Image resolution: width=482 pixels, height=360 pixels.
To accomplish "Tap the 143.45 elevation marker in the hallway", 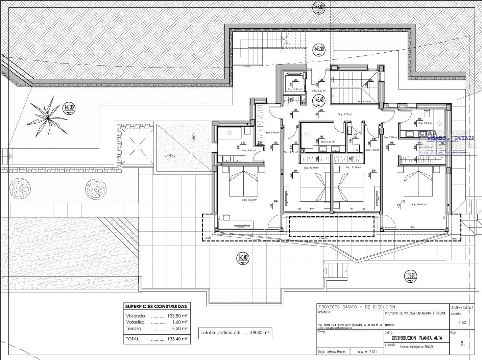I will pos(319,100).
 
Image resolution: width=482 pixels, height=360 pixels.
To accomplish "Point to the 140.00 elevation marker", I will pos(243,258).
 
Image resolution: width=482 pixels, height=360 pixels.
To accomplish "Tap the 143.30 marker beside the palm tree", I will pos(69,109).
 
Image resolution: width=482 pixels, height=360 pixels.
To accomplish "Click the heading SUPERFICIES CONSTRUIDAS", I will pos(156,306).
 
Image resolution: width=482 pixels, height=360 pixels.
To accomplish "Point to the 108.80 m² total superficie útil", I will pos(259,332).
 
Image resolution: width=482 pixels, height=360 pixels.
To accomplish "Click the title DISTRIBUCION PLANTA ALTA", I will pos(416,338).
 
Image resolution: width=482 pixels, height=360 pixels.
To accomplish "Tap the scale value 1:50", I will pos(462,323).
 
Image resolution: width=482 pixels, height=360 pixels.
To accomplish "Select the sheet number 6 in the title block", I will pos(462,343).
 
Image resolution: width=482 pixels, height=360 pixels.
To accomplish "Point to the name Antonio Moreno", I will pos(336,352).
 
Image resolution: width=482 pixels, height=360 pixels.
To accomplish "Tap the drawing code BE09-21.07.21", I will pos(462,307).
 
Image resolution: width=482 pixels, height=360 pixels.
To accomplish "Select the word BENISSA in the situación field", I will pos(427,347).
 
